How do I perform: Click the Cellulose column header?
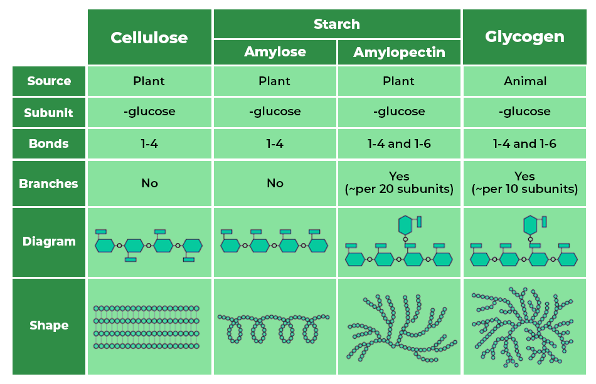[149, 38]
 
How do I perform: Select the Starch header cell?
[337, 24]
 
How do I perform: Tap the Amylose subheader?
[275, 52]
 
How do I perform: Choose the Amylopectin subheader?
[399, 53]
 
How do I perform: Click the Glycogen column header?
[524, 37]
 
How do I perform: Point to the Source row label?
[49, 81]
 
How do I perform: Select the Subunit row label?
[49, 113]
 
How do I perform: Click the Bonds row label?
[49, 144]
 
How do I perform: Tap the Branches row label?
[49, 184]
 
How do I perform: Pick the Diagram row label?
[49, 242]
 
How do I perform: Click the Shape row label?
[49, 326]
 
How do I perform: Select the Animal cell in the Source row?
[524, 81]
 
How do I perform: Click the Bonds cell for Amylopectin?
[399, 144]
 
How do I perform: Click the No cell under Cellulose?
[149, 184]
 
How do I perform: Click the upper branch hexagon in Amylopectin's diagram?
[406, 224]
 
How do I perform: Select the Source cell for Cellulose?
[149, 81]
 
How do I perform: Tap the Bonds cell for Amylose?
[275, 144]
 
